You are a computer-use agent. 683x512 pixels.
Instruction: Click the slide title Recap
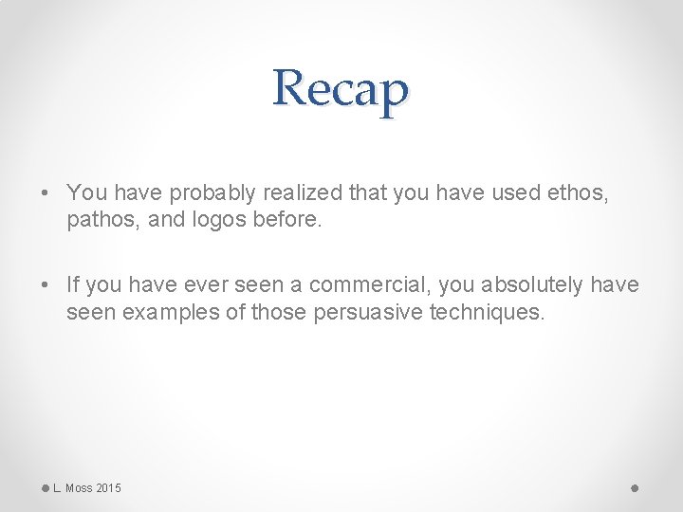point(341,89)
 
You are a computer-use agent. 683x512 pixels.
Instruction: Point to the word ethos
point(578,193)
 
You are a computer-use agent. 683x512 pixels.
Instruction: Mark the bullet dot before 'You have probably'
point(46,193)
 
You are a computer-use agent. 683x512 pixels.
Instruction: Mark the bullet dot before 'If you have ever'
point(46,285)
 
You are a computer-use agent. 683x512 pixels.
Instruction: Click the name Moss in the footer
point(79,488)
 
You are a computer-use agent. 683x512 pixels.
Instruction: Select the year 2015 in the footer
point(109,488)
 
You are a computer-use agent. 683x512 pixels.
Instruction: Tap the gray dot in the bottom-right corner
point(635,487)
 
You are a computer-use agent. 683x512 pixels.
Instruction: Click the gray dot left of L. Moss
point(45,487)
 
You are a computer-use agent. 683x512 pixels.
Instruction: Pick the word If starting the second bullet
point(73,285)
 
